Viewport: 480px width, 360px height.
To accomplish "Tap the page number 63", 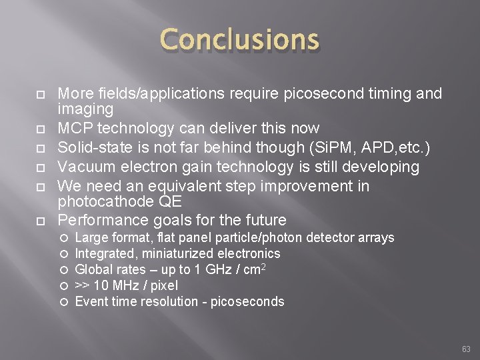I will tap(465, 348).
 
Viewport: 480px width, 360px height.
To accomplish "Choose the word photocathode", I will tap(100, 201).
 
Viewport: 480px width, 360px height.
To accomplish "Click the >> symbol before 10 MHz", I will tap(83, 286).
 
